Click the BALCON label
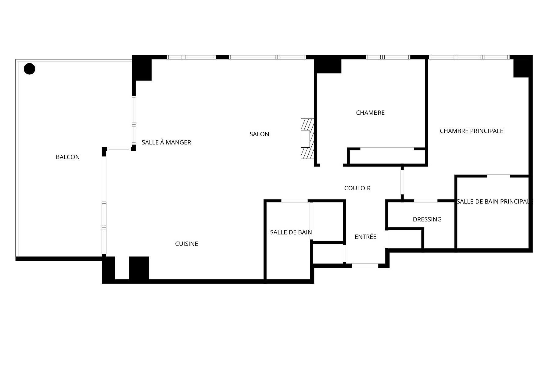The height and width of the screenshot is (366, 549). (68, 157)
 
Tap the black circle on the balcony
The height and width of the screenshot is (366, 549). (30, 69)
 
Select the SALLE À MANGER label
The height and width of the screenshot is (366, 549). (166, 142)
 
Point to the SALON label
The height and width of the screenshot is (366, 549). (259, 134)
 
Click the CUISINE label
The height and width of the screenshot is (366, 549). (186, 244)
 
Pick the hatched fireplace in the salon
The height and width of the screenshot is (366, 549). (307, 139)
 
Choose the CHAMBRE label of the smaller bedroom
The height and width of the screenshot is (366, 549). (370, 113)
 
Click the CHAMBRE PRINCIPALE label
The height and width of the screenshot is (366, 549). (471, 131)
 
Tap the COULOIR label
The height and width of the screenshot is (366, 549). (357, 188)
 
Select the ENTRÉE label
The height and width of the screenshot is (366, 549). (365, 237)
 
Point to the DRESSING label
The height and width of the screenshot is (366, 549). (427, 219)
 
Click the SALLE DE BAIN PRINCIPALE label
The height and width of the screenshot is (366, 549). (494, 202)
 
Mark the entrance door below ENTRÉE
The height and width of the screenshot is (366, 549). (365, 266)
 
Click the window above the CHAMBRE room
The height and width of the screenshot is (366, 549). (388, 57)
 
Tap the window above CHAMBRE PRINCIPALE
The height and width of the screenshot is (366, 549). (469, 57)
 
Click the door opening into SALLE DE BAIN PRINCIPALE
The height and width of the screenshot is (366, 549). (498, 176)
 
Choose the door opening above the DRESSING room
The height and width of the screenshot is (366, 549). (426, 201)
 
